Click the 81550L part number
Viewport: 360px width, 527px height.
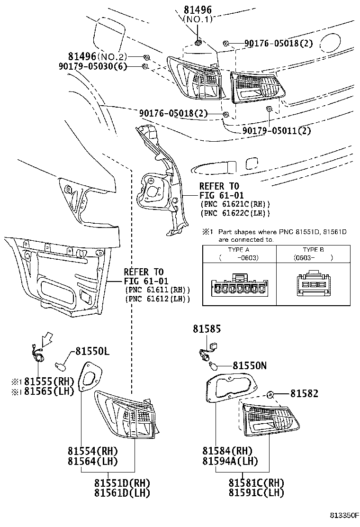(x=92, y=352)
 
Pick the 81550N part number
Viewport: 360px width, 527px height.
(x=249, y=365)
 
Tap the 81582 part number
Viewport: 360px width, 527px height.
(x=304, y=393)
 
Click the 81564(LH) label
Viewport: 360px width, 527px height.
(x=92, y=461)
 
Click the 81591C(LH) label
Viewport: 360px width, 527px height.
(x=256, y=493)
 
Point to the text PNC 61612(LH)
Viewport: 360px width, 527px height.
(x=157, y=299)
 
